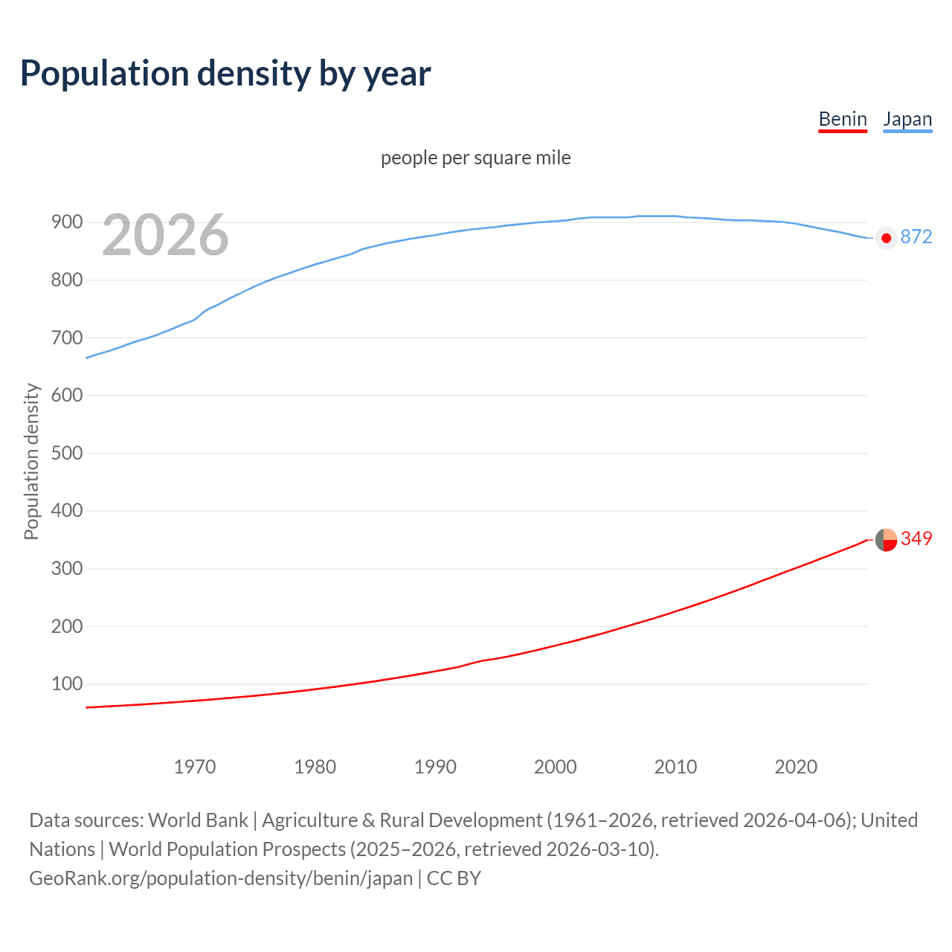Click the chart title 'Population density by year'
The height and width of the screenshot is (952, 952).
pos(225,74)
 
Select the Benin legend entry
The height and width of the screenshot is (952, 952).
pos(843,119)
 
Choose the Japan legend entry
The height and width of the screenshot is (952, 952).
pos(907,119)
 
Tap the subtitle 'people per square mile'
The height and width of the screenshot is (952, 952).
pos(476,158)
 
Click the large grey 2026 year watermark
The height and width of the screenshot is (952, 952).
pos(165,235)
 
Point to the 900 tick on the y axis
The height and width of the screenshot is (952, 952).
pos(67,222)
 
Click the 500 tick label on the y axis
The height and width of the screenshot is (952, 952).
pos(67,453)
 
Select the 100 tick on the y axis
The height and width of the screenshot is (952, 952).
pos(67,684)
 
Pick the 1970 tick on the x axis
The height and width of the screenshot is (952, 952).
pos(195,767)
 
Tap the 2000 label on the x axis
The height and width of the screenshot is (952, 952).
pos(556,767)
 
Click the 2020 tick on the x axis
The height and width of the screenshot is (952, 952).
pos(796,767)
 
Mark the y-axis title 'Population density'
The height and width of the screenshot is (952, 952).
pos(31,461)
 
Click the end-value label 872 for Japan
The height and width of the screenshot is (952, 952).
pos(916,237)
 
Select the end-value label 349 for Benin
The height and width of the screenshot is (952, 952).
pos(916,538)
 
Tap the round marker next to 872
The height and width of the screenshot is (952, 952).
pos(886,238)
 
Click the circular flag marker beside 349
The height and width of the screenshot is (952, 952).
pos(886,540)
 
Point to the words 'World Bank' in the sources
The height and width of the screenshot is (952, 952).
pos(198,820)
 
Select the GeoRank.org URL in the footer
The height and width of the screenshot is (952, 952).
pos(221,878)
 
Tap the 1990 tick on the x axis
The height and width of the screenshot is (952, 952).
pos(435,767)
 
